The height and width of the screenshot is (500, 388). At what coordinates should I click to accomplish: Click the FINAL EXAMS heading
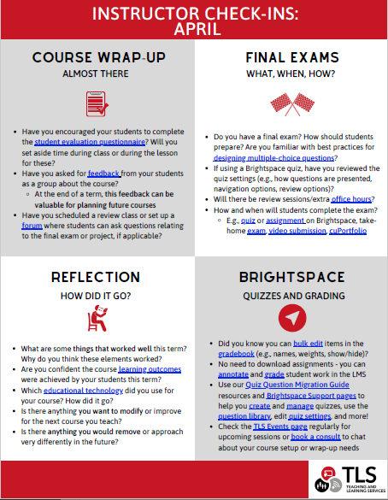[290, 58]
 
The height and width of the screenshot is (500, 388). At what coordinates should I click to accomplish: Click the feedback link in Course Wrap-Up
[103, 173]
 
